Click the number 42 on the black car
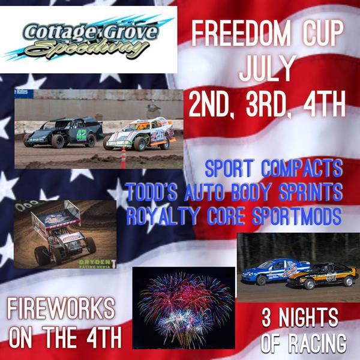coord(82,135)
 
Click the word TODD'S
coord(152,192)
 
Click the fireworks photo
coord(184,308)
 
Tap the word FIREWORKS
coord(61,308)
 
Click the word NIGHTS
coord(308,318)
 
